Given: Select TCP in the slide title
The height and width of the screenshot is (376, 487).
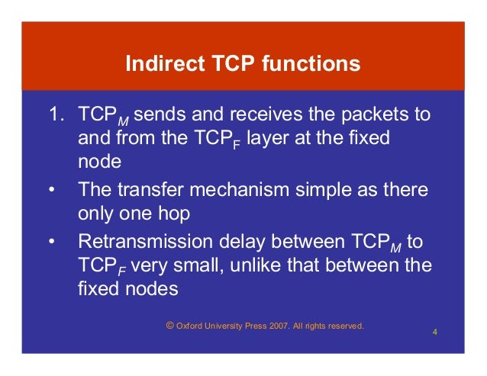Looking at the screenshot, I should [232, 63].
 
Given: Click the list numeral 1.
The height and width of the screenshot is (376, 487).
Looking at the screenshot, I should [53, 115].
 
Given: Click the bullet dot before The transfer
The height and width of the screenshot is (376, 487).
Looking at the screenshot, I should [51, 189].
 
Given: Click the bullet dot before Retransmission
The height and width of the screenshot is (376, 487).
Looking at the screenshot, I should [51, 243].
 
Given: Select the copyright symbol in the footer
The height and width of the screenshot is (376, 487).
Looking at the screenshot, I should [169, 326].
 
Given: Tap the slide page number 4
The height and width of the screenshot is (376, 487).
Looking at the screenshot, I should [434, 333].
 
